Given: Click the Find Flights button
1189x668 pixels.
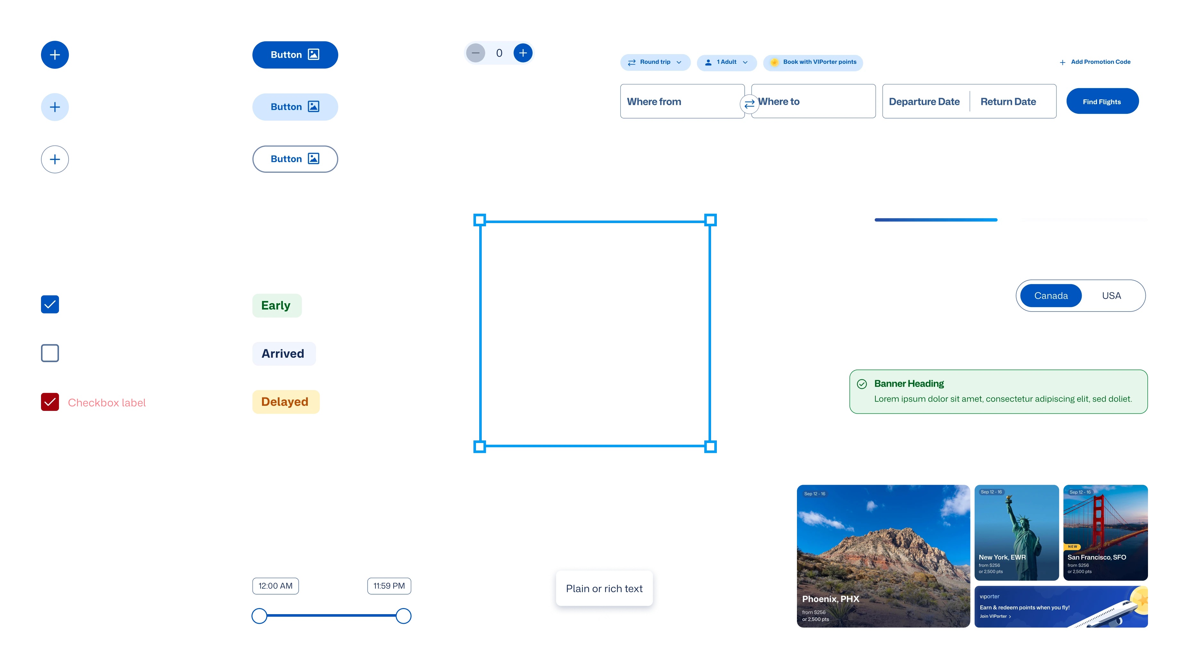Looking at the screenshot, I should tap(1102, 102).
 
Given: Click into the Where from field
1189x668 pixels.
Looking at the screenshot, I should tap(678, 102).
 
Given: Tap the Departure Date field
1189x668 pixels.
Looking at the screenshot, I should tap(924, 102).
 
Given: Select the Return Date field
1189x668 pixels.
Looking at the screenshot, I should tap(1008, 102).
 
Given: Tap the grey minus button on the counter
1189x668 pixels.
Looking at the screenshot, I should tap(475, 53).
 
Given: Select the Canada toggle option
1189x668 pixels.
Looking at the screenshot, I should tap(1051, 296).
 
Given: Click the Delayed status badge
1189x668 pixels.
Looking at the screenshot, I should tap(285, 402).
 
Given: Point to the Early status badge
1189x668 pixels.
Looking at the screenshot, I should tap(276, 305).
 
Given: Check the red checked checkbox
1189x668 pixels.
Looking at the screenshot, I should tap(50, 402).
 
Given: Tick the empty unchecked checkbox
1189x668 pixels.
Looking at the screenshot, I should tap(50, 354).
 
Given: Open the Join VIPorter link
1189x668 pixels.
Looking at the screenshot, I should tap(995, 616).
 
